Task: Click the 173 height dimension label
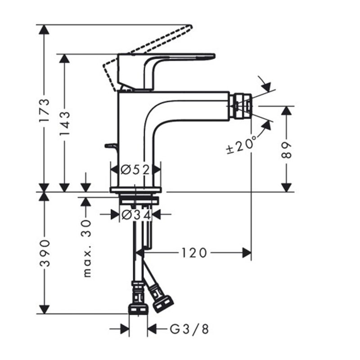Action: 44,110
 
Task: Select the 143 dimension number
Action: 64,124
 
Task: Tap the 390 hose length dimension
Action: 44,253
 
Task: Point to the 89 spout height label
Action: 286,150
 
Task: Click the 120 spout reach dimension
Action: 194,253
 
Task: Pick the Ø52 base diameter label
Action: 135,170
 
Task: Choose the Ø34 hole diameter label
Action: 136,215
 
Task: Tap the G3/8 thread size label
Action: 189,329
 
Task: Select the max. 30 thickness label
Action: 87,249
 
